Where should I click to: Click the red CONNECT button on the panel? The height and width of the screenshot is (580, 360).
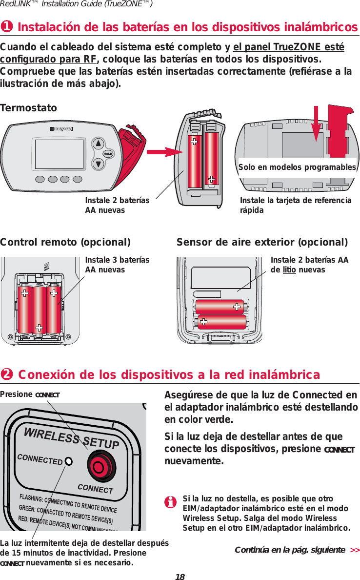pos(100,466)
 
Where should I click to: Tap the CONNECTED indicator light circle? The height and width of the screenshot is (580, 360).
pos(70,461)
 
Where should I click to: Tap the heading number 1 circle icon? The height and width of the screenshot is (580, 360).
pos(7,26)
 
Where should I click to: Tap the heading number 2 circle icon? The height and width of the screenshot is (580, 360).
pos(7,374)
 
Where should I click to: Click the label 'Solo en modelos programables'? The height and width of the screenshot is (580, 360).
pos(297,167)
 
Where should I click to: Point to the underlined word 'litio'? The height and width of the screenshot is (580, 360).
pos(289,270)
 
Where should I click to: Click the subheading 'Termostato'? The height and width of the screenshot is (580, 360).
pos(28,107)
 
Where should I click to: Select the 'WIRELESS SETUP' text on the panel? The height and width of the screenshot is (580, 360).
pos(72,437)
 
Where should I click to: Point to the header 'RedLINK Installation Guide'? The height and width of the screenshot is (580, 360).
pos(77,4)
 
